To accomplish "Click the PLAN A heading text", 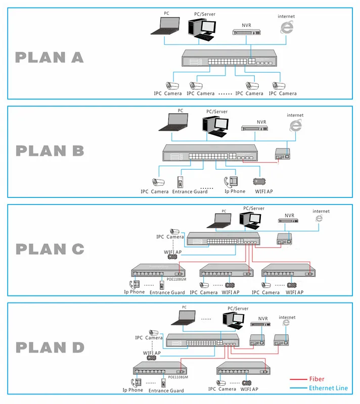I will click(x=49, y=57).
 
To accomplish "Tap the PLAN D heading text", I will click(x=49, y=347).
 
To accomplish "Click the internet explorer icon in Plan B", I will click(x=295, y=126).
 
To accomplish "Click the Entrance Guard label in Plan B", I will click(x=190, y=192).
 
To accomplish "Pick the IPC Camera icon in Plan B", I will click(x=159, y=182).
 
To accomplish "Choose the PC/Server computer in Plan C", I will click(x=251, y=218).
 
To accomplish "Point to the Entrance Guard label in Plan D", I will click(x=166, y=390).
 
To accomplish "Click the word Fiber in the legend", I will click(x=317, y=379).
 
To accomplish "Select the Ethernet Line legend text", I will click(x=328, y=388).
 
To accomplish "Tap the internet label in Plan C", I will click(x=321, y=211).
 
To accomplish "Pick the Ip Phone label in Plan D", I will click(x=132, y=390).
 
